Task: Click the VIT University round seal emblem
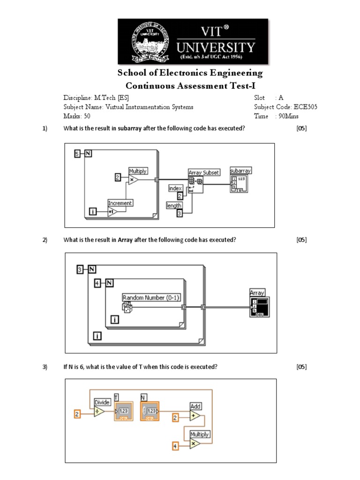[x=146, y=41]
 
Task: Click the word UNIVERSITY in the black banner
[x=216, y=47]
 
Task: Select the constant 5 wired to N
[x=78, y=154]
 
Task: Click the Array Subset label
[x=203, y=172]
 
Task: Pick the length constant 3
[x=179, y=213]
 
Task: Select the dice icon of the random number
[x=127, y=307]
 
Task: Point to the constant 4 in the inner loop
[x=97, y=283]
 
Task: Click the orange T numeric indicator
[x=124, y=411]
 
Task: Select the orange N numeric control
[x=150, y=411]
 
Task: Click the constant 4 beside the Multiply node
[x=175, y=446]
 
